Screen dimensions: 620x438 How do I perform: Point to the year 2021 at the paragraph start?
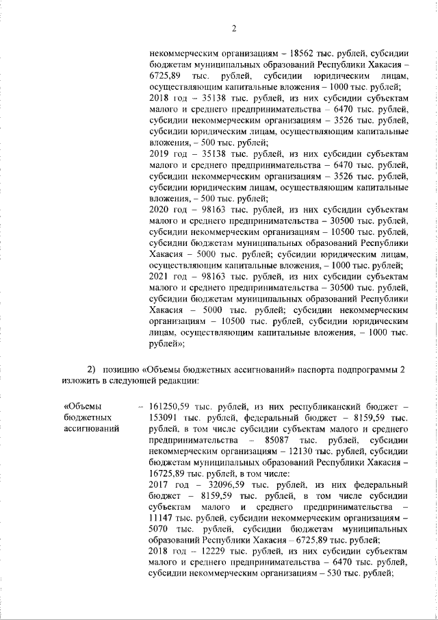[159, 276]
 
